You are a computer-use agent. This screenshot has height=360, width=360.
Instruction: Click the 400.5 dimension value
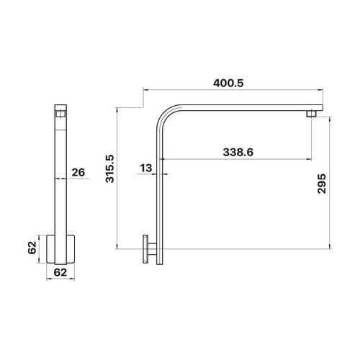pos(229,83)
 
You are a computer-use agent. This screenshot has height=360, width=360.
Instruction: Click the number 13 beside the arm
pos(146,168)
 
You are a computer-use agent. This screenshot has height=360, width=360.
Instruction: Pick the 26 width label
pos(79,172)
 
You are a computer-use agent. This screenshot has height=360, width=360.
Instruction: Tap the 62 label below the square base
pos(60,273)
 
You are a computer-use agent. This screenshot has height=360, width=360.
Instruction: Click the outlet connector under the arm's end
pos(312,114)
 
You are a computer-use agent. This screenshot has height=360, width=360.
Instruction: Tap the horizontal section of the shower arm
pos(245,107)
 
